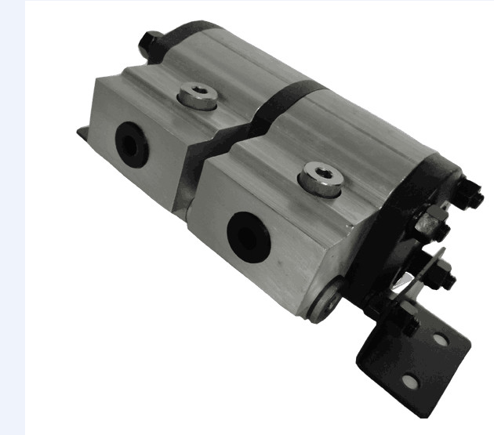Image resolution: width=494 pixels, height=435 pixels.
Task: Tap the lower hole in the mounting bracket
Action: coord(409,381)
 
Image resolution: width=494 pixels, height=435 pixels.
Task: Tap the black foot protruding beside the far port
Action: coord(82,133)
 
